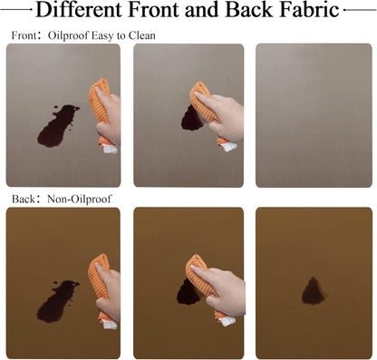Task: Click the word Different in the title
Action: point(79,10)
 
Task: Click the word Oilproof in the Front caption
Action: point(68,35)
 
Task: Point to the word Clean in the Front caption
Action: point(142,35)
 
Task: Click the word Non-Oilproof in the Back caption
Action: point(80,199)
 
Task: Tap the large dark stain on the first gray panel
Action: point(57,126)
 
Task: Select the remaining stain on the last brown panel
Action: point(314,291)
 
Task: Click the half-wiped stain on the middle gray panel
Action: point(191,120)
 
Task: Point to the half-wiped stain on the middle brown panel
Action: point(188,293)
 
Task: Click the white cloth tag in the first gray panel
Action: point(110,149)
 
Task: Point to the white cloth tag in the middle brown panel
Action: point(228,321)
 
